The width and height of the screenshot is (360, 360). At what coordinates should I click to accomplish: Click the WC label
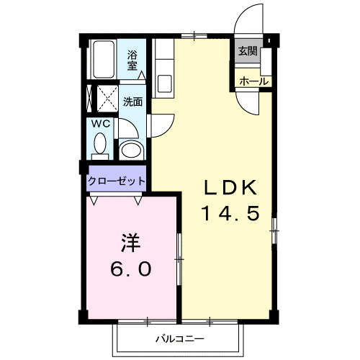(99, 123)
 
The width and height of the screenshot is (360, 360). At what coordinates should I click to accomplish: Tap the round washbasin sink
(131, 150)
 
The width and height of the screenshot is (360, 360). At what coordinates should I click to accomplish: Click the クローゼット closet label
(117, 181)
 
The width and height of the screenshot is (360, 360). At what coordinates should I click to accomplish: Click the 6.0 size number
(130, 269)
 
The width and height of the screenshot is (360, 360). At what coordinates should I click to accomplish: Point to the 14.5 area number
(228, 213)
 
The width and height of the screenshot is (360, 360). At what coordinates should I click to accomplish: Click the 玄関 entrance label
(248, 51)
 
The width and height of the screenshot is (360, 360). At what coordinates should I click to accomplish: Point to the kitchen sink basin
(163, 81)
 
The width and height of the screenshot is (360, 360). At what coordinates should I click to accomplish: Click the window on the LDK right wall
(274, 231)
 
